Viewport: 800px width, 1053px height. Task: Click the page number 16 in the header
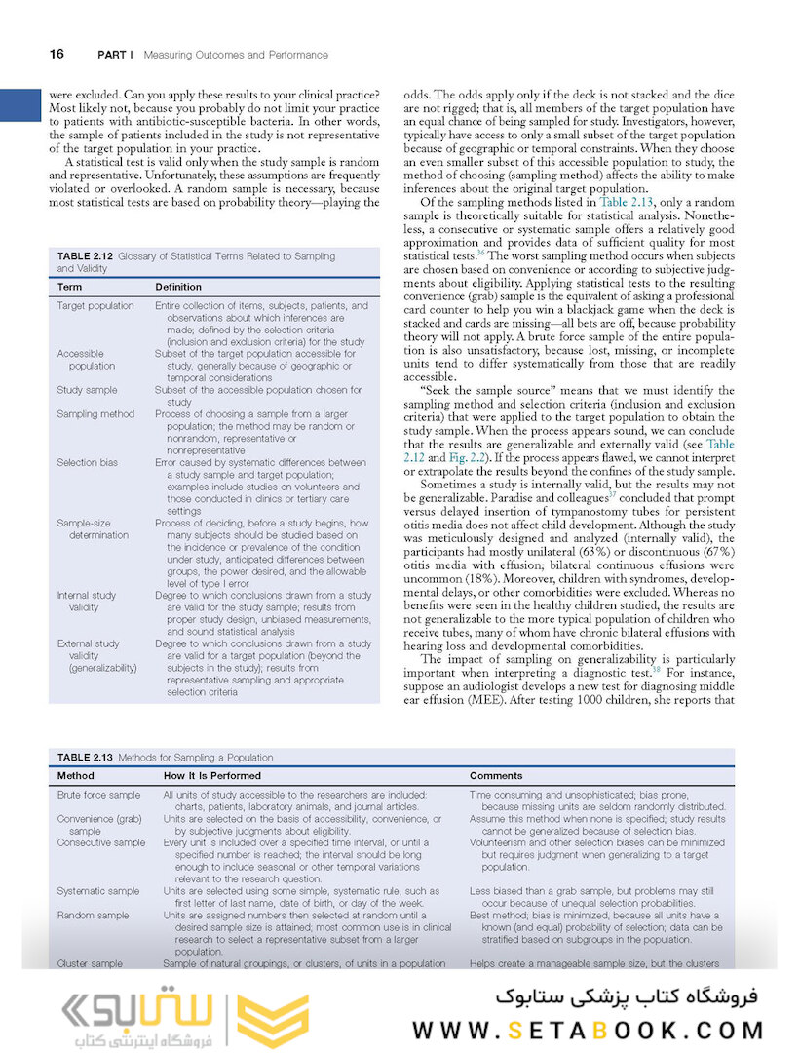pos(57,55)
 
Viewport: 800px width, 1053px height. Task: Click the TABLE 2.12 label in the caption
pos(88,256)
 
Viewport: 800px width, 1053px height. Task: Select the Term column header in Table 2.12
pos(69,287)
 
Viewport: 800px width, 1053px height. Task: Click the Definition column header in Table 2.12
pos(178,287)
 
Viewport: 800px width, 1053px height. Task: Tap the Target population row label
pos(95,305)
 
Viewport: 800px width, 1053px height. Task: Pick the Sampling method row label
pos(95,414)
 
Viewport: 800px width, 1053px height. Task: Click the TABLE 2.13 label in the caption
pos(87,757)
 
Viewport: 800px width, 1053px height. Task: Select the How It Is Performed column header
pos(211,776)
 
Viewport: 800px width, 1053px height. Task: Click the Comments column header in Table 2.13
pos(496,776)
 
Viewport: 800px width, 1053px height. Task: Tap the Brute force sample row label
pos(98,795)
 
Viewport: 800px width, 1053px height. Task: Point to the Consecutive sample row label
pos(101,842)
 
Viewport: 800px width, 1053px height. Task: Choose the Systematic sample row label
pos(97,890)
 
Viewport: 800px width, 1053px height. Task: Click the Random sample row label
pos(93,916)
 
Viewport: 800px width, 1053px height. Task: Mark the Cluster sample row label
pos(90,963)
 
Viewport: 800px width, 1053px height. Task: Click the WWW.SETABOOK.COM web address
pos(588,1030)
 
